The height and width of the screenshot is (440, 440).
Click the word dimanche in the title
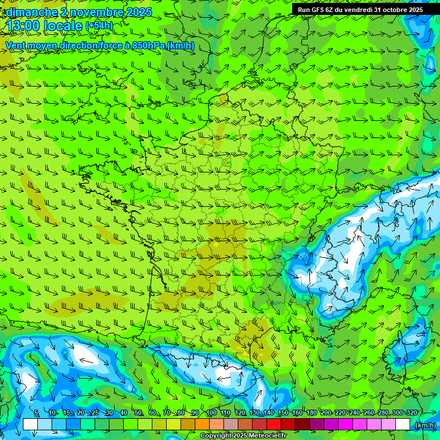[30, 12]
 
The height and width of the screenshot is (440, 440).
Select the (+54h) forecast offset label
[99, 26]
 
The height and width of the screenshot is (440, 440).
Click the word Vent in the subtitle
[16, 45]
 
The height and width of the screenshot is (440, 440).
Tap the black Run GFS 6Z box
[360, 10]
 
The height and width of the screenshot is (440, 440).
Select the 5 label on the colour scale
[36, 413]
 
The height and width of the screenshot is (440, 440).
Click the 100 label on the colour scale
[211, 413]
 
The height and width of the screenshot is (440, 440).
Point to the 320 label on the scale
[412, 413]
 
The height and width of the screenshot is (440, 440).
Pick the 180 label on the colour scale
[311, 413]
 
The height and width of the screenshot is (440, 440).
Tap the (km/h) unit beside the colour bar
[425, 425]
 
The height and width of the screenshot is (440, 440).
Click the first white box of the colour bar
[30, 425]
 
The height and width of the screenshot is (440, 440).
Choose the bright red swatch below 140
[274, 425]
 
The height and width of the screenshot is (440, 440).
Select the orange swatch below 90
[202, 425]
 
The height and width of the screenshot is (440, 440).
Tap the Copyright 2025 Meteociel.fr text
[243, 436]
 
